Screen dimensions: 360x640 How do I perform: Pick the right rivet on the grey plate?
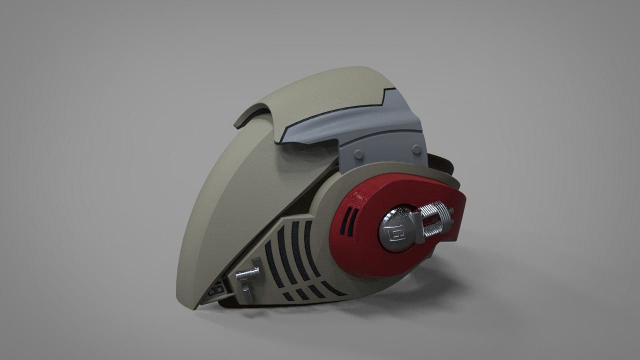[x=416, y=149]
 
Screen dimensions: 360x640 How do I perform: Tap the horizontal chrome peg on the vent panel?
[x=247, y=273]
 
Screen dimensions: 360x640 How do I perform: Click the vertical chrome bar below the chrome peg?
[x=246, y=290]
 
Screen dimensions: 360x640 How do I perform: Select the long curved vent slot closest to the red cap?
[x=310, y=250]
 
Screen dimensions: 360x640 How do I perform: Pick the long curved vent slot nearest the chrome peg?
[x=270, y=257]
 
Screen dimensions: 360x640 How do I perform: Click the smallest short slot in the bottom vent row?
[x=288, y=296]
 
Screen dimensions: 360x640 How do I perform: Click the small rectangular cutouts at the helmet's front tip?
[x=218, y=289]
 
